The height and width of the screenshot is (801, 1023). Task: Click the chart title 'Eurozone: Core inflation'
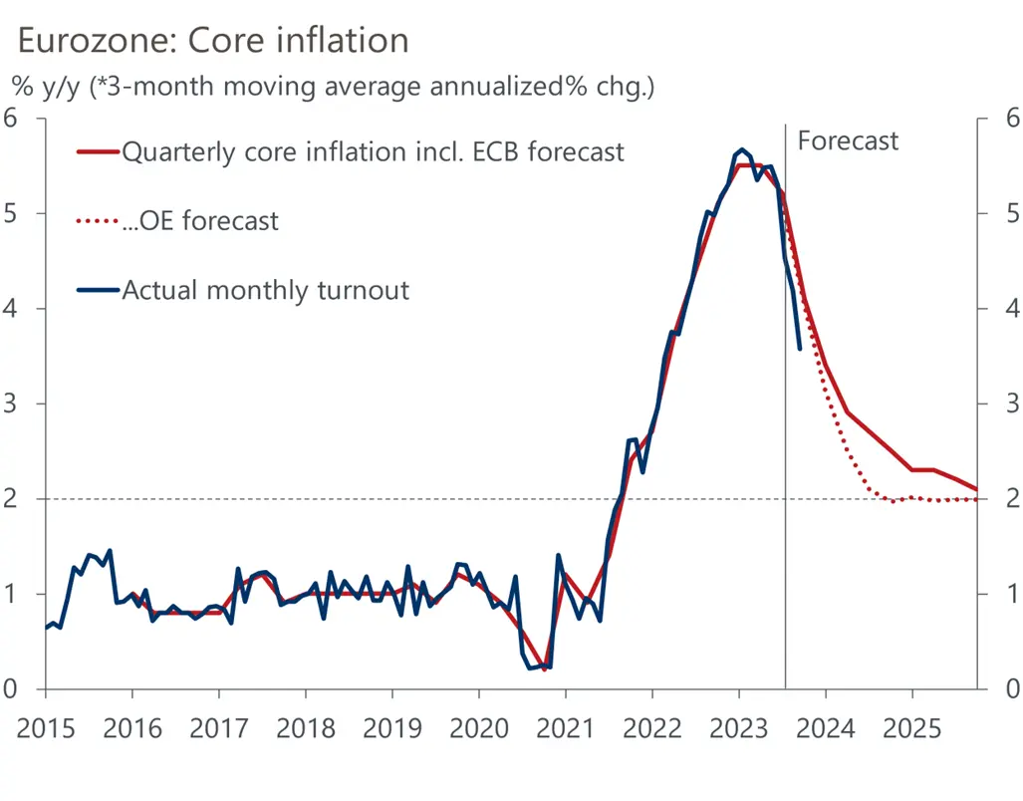coord(213,40)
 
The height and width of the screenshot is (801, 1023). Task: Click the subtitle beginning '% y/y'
coord(333,87)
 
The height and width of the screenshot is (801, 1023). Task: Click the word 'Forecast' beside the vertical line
coord(848,141)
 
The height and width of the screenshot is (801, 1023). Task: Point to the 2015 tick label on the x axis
coord(46,728)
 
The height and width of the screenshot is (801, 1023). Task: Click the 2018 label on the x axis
coord(305,728)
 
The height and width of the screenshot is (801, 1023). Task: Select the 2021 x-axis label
coord(565,728)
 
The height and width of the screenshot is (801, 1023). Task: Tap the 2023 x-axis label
coord(738,728)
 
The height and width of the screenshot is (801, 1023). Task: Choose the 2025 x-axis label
coord(911,728)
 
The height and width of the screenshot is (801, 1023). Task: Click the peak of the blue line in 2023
coord(741,149)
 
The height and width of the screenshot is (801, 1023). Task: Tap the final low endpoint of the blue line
coord(800,349)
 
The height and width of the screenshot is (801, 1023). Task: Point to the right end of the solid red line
coord(977,489)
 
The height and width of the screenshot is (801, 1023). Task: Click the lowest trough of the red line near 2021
coord(544,669)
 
